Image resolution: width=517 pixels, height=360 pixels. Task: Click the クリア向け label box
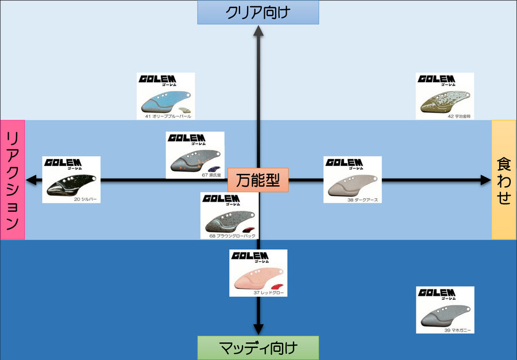pyautogui.click(x=258, y=12)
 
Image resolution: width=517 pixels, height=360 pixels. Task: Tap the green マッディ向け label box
pyautogui.click(x=258, y=347)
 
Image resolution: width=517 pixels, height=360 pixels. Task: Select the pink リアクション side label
pyautogui.click(x=13, y=180)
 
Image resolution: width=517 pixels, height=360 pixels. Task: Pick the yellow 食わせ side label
pyautogui.click(x=504, y=180)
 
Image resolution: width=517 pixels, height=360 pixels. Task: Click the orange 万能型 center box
pyautogui.click(x=258, y=180)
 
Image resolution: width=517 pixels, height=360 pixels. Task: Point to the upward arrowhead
pyautogui.click(x=258, y=31)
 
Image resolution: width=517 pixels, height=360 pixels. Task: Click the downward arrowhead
pyautogui.click(x=258, y=328)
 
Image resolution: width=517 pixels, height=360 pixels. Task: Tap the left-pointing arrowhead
pyautogui.click(x=33, y=180)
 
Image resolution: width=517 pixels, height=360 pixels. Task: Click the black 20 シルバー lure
pyautogui.click(x=68, y=185)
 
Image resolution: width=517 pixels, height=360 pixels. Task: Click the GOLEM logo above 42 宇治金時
pyautogui.click(x=437, y=79)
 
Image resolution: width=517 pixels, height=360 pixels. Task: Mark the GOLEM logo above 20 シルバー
pyautogui.click(x=63, y=163)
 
